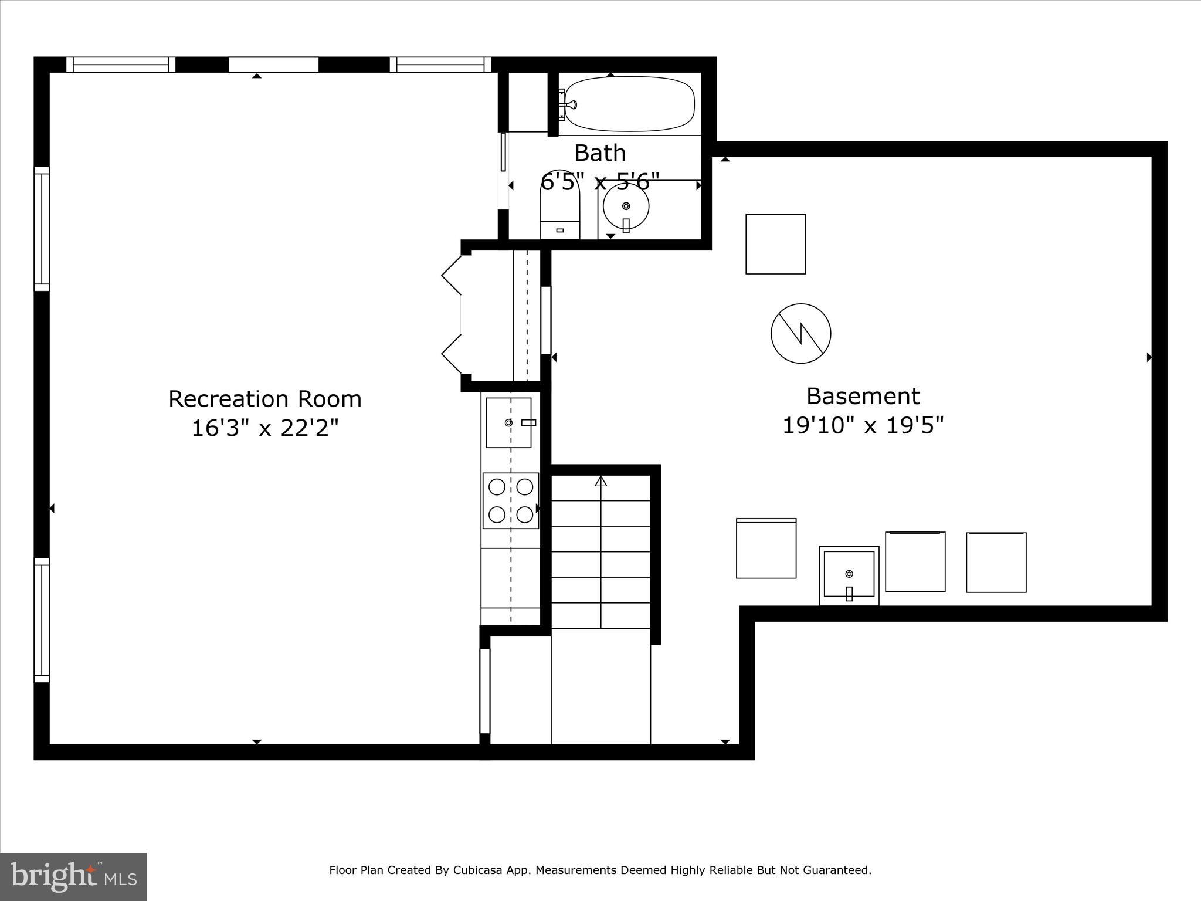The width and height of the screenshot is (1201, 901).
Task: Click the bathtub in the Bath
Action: [x=629, y=104]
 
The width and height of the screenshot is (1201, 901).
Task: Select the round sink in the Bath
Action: [x=626, y=206]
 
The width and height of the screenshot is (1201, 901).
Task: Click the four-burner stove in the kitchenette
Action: [x=511, y=500]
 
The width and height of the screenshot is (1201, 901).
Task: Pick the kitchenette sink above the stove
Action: [x=508, y=423]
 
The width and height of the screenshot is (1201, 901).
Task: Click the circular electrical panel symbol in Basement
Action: [x=800, y=333]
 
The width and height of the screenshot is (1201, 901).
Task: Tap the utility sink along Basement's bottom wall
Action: [x=849, y=575]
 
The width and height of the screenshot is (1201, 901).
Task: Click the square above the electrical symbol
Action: [x=775, y=244]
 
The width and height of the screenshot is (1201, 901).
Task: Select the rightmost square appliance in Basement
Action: [x=996, y=562]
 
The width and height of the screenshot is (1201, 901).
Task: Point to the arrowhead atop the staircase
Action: [x=600, y=482]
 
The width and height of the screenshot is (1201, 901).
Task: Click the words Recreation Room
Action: [x=265, y=399]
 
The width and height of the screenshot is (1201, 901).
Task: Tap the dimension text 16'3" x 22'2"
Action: [x=265, y=428]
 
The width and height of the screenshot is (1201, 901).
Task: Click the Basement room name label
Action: [x=863, y=396]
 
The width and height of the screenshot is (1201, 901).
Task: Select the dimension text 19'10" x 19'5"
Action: [x=863, y=425]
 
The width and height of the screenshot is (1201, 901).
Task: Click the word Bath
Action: [x=599, y=153]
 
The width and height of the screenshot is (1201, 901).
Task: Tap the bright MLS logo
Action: [x=73, y=876]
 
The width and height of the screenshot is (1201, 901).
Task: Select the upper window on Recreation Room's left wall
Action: [x=42, y=229]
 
